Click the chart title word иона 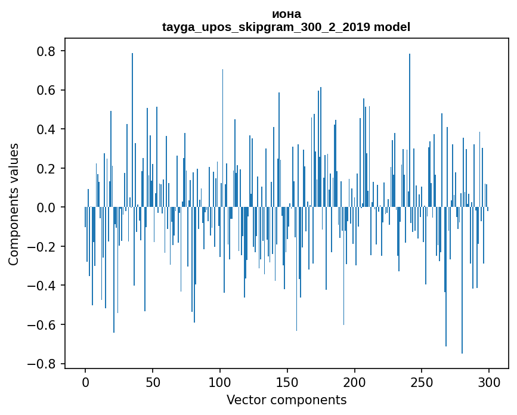(x=286, y=14)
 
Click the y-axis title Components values (x=14, y=204)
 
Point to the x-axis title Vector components (x=286, y=400)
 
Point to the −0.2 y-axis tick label (x=43, y=247)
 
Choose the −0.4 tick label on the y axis (x=43, y=286)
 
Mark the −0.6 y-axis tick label (x=43, y=325)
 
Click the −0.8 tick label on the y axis (x=43, y=364)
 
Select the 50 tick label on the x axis (x=153, y=382)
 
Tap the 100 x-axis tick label (x=220, y=382)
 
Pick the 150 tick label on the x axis (x=287, y=382)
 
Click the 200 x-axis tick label (x=355, y=382)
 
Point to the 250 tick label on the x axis (x=422, y=382)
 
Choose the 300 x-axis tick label (x=490, y=382)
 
